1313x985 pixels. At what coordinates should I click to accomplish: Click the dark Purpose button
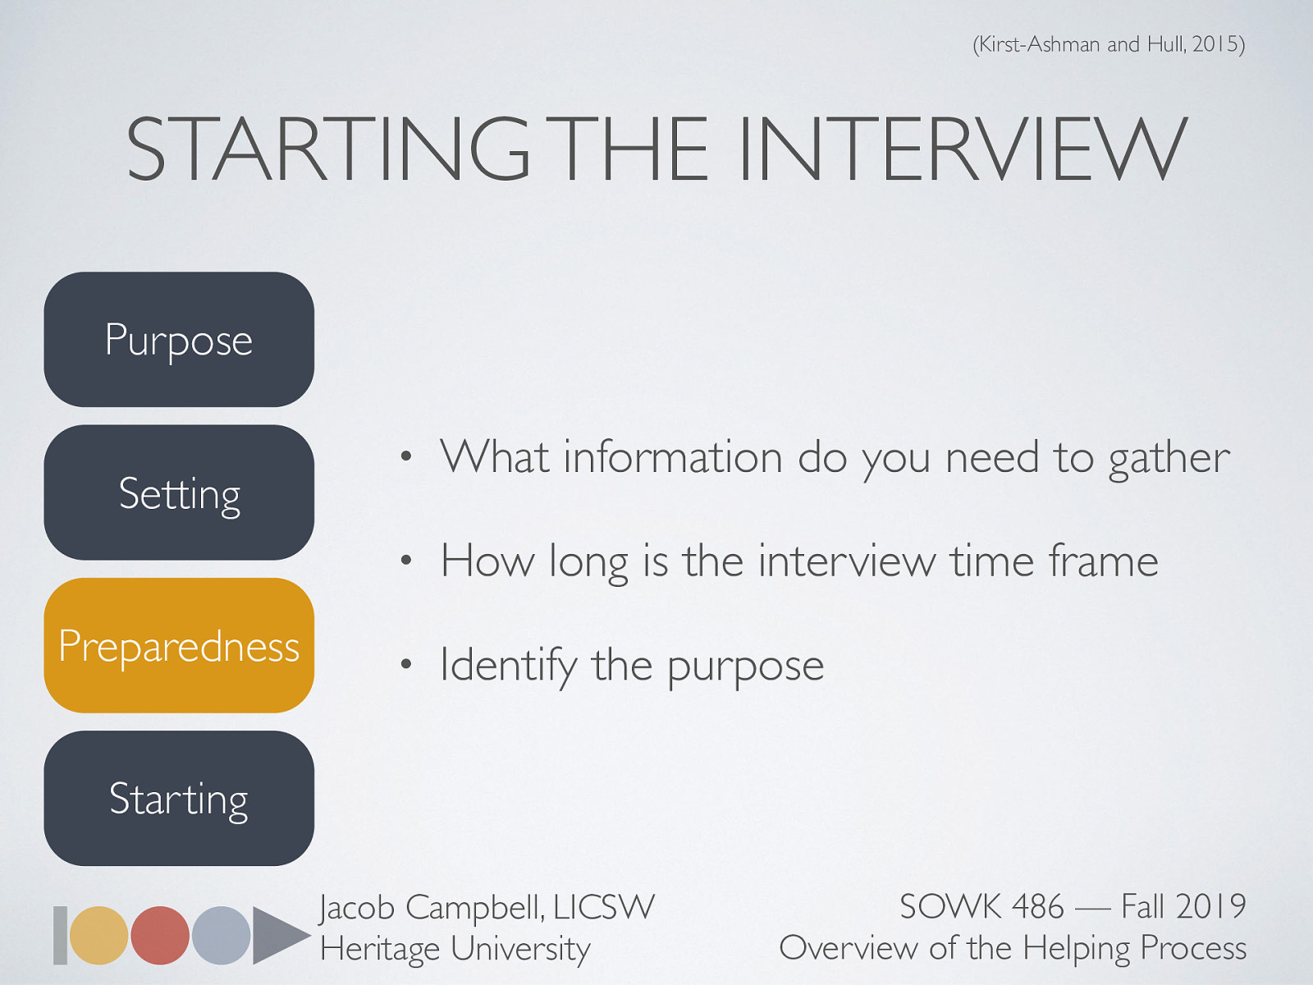pyautogui.click(x=179, y=339)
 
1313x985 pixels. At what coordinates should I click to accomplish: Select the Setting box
pyautogui.click(x=179, y=492)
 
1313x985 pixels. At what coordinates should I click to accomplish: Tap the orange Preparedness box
pyautogui.click(x=179, y=646)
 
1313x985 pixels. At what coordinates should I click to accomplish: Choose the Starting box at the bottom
pyautogui.click(x=179, y=799)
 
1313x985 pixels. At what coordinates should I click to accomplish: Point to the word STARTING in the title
pyautogui.click(x=328, y=149)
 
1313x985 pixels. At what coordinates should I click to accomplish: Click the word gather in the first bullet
pyautogui.click(x=1169, y=458)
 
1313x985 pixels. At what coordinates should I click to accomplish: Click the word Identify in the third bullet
pyautogui.click(x=508, y=665)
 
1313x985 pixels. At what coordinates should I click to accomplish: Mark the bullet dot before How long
pyautogui.click(x=405, y=562)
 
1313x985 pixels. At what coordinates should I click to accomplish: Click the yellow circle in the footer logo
pyautogui.click(x=98, y=935)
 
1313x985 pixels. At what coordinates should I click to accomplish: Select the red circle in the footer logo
pyautogui.click(x=160, y=935)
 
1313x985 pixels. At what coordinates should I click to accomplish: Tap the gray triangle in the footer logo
pyautogui.click(x=277, y=935)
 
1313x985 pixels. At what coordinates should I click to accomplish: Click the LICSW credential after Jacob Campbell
pyautogui.click(x=604, y=907)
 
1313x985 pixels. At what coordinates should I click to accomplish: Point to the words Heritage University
pyautogui.click(x=455, y=949)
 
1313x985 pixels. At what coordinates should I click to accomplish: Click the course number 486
pyautogui.click(x=1037, y=907)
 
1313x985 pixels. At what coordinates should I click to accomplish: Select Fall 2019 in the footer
pyautogui.click(x=1183, y=907)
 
